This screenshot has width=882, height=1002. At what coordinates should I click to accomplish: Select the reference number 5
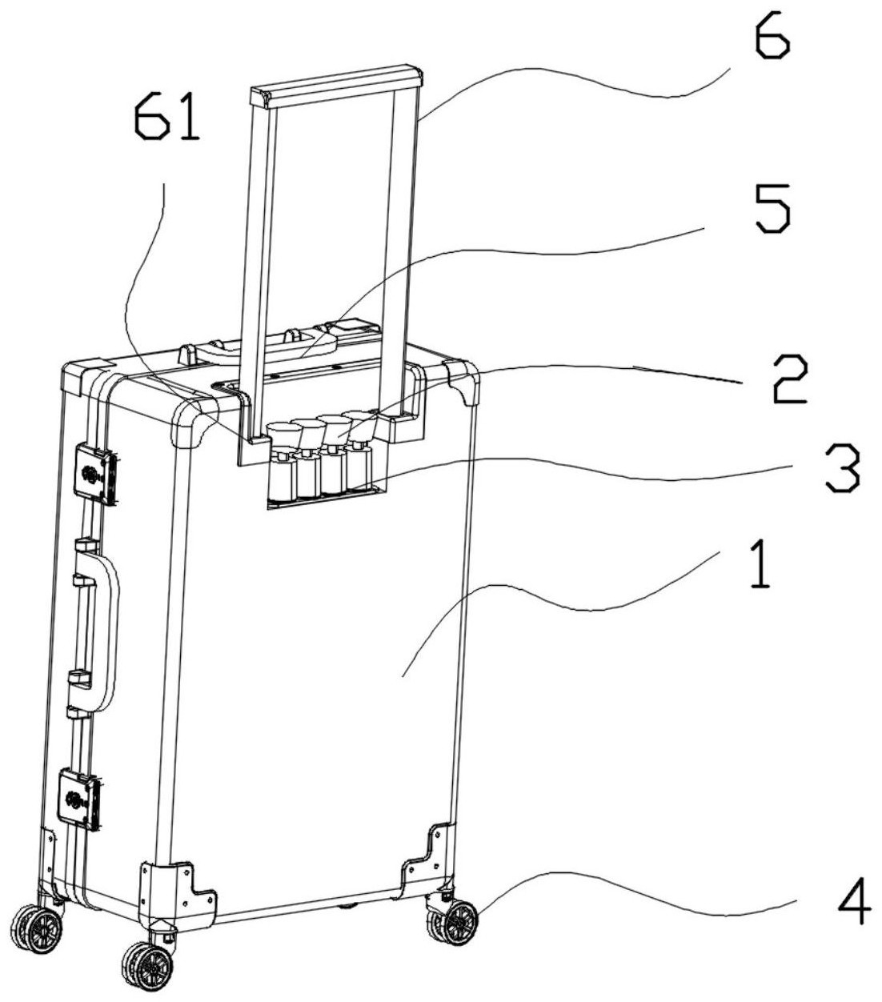tap(772, 208)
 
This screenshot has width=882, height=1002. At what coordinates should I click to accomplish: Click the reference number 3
tap(842, 469)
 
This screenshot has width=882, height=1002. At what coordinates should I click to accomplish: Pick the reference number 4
tap(853, 901)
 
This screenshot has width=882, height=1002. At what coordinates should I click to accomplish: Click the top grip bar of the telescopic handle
tap(336, 86)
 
